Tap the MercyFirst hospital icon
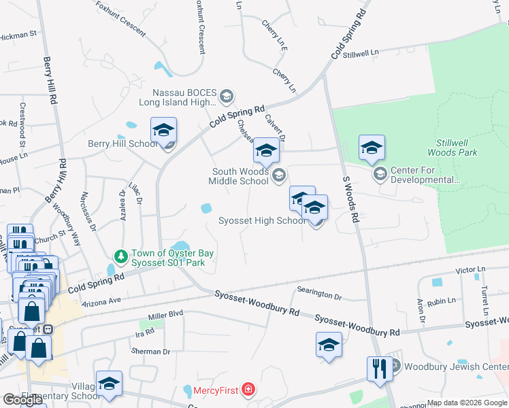250,390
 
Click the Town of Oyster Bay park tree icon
120,256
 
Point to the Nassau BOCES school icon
227,97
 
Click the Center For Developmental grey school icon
380,175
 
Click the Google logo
23,400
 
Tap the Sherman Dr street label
152,352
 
